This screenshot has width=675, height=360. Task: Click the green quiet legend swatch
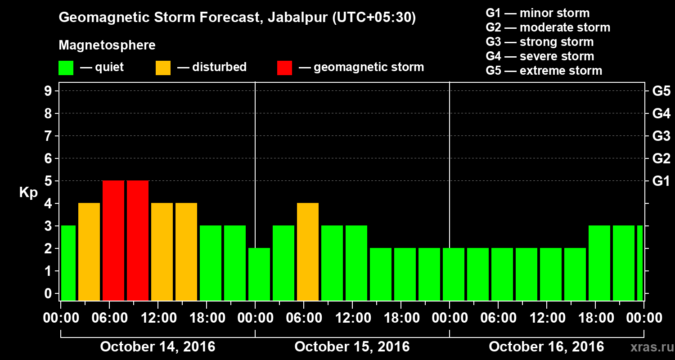66,68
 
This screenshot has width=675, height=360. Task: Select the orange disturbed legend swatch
163,68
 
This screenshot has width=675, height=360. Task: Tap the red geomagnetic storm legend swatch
284,68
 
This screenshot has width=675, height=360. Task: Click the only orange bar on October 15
308,252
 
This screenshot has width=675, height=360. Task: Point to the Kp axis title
28,193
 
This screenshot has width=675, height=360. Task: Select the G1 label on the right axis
661,181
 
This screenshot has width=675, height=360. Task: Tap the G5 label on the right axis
661,91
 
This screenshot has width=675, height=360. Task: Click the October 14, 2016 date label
157,347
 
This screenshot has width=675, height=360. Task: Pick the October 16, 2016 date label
546,347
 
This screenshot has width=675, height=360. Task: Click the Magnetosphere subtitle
107,45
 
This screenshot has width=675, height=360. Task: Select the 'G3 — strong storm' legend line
540,42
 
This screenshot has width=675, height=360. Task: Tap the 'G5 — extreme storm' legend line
544,71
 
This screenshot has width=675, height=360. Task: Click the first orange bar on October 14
89,252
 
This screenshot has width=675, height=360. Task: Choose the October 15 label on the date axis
352,347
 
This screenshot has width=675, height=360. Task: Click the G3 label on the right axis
661,136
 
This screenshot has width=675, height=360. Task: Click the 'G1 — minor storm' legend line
537,13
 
